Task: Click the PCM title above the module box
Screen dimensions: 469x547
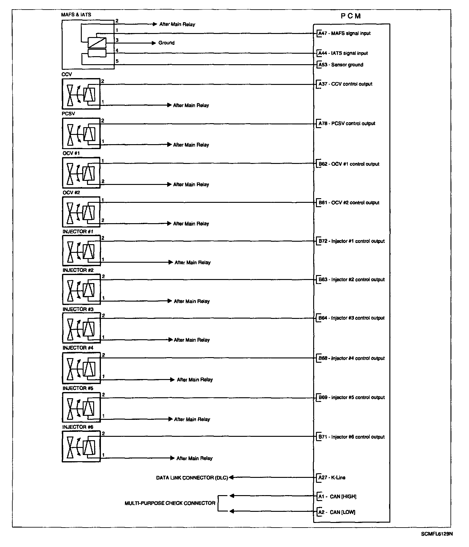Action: (351, 16)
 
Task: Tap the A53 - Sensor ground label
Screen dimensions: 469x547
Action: (341, 65)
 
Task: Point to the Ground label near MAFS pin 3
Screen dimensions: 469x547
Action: (166, 43)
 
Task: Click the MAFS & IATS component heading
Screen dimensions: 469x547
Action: (76, 15)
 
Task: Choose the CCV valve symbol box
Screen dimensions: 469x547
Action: (81, 94)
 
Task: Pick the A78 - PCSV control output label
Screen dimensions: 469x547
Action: (347, 123)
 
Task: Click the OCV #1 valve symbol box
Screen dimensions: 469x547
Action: (81, 173)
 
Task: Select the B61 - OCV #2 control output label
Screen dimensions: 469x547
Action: (349, 203)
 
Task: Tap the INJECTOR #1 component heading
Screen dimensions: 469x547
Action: (78, 232)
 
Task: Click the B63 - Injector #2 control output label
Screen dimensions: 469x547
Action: (351, 280)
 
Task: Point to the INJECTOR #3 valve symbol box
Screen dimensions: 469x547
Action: (81, 328)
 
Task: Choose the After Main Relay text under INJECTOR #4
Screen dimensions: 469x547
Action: (195, 380)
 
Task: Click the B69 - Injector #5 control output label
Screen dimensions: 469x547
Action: (351, 398)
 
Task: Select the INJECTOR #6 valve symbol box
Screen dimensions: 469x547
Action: (81, 446)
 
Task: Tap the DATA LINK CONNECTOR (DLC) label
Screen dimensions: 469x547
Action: (192, 478)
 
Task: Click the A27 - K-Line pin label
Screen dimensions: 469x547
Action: (332, 478)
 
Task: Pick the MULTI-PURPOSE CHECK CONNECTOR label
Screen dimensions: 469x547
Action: (170, 503)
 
